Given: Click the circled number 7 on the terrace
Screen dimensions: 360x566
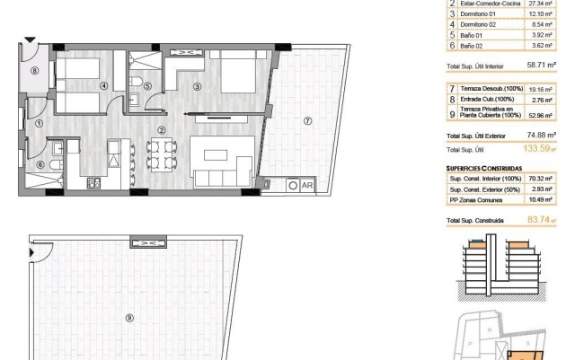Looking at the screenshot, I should pos(307,121).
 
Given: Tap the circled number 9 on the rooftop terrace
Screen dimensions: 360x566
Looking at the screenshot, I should pos(131,316).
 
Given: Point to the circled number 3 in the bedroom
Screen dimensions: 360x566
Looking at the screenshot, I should pos(197,86).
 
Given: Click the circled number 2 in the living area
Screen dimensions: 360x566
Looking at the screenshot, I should pos(162,130).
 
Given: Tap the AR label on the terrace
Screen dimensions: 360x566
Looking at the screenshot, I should pos(305,185).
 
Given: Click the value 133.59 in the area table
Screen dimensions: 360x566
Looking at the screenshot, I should pos(537,149).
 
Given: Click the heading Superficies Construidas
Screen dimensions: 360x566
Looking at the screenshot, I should pos(486,168).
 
